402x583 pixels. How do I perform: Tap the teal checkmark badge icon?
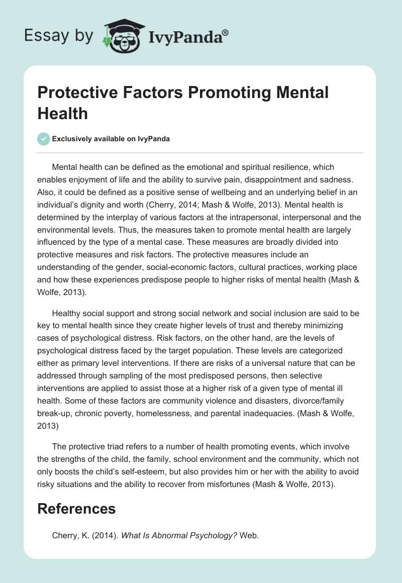click(x=44, y=139)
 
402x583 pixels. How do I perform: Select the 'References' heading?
click(x=77, y=508)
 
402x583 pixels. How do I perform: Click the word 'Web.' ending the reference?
click(x=249, y=536)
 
